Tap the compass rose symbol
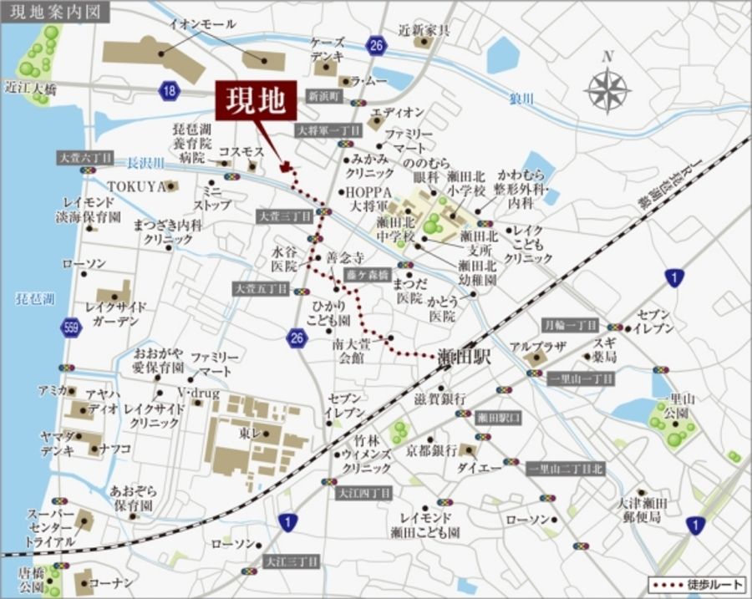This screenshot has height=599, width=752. click(x=608, y=90)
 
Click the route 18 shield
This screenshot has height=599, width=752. click(x=170, y=91)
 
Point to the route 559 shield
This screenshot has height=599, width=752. click(x=73, y=327)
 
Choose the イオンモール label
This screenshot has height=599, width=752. click(x=201, y=25)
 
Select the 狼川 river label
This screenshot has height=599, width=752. click(x=521, y=99)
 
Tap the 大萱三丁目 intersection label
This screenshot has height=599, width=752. click(x=284, y=216)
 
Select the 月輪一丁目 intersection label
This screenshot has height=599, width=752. click(x=571, y=325)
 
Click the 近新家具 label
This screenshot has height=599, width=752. click(x=424, y=31)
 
